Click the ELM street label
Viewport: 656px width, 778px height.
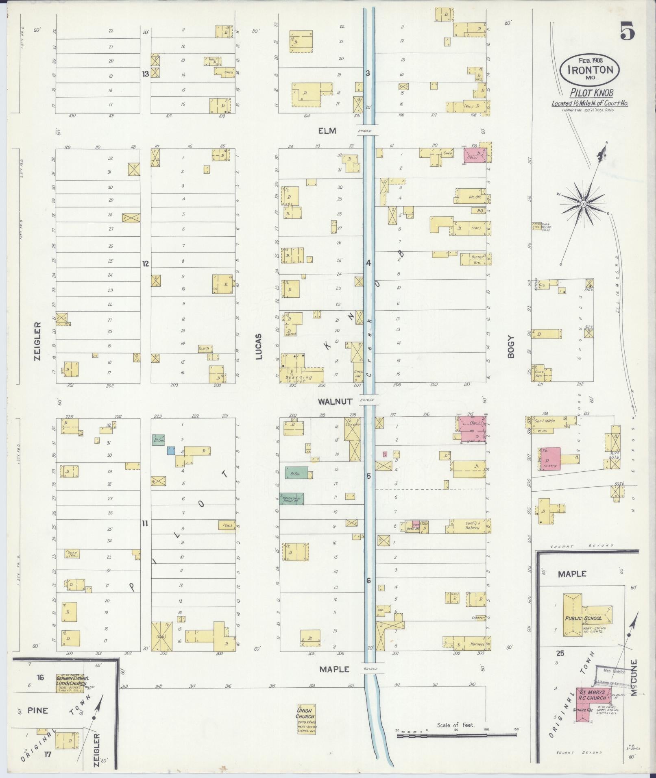click(x=327, y=131)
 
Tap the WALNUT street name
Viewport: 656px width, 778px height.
click(x=335, y=401)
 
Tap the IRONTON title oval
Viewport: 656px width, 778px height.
click(x=589, y=69)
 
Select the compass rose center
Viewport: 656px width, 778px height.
click(x=583, y=203)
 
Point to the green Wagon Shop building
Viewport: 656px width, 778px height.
click(x=291, y=499)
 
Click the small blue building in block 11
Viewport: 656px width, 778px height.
click(x=171, y=450)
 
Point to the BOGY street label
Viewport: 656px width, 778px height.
click(x=511, y=347)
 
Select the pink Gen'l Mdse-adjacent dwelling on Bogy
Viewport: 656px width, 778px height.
click(x=550, y=459)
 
